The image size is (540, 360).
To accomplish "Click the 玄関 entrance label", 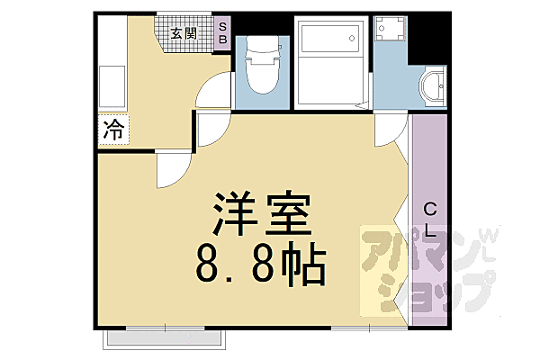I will (184, 33).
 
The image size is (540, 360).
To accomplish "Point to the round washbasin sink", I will (432, 88).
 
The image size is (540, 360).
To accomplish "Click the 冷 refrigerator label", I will (113, 130).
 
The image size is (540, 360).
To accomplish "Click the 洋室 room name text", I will (260, 214).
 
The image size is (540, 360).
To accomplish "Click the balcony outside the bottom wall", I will (165, 340).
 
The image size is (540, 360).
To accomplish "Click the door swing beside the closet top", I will (389, 134).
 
